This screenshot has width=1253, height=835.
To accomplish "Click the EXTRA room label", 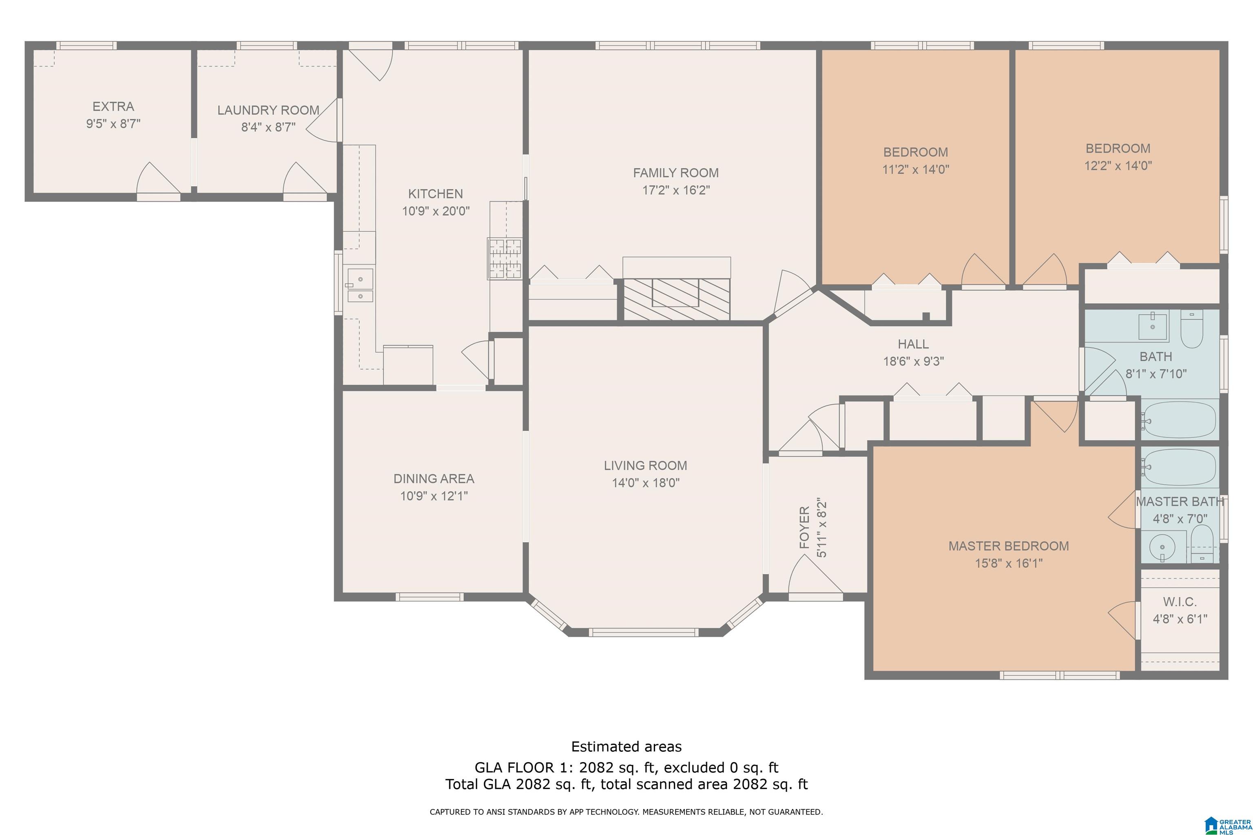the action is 113,106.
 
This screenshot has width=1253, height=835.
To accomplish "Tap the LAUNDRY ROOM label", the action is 268,110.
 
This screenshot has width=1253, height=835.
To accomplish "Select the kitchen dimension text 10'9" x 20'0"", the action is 436,211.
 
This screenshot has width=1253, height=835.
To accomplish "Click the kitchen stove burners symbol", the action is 505,259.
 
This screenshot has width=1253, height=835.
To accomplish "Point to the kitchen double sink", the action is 361,285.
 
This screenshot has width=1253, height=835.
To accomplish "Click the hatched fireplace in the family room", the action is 677,299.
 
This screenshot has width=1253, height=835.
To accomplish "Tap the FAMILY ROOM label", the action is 675,172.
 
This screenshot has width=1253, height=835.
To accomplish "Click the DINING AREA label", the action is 434,479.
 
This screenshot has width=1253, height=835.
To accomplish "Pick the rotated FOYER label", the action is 804,527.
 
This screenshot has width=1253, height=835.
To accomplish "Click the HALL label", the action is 913,344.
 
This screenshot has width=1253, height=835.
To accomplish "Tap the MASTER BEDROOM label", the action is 1008,546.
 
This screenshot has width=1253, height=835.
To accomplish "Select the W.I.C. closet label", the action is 1180,602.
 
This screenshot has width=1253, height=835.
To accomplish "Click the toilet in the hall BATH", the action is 1192,329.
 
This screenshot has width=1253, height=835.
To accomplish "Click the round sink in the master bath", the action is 1162,547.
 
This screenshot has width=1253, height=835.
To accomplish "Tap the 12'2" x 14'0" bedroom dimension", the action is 1118,166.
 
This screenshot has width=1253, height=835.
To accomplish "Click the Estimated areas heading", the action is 626,747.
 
